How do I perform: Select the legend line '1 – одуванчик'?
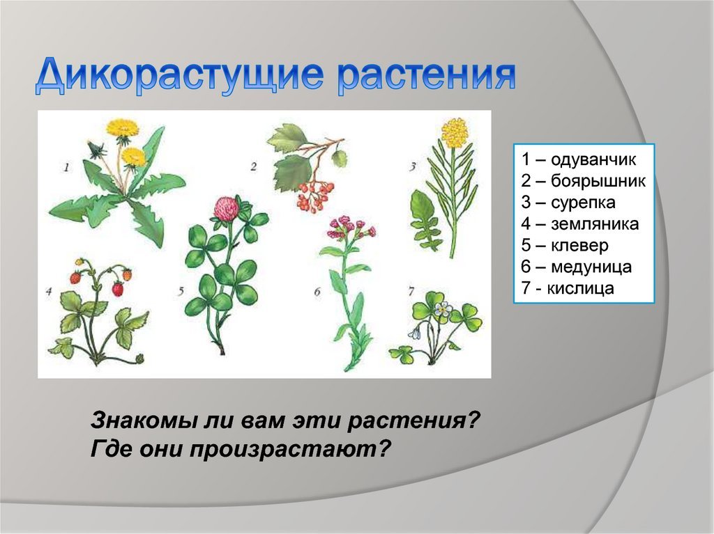(578, 159)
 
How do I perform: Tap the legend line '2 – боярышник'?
(584, 181)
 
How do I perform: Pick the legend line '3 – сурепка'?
(568, 203)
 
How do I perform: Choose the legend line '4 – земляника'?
(580, 223)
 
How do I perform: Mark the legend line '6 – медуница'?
(577, 267)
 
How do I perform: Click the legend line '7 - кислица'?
(568, 288)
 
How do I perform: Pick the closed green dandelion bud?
(96, 148)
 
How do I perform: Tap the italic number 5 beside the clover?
(181, 291)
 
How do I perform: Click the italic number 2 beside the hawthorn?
(253, 167)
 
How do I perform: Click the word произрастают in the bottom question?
(291, 450)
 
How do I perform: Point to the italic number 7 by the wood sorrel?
(411, 291)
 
